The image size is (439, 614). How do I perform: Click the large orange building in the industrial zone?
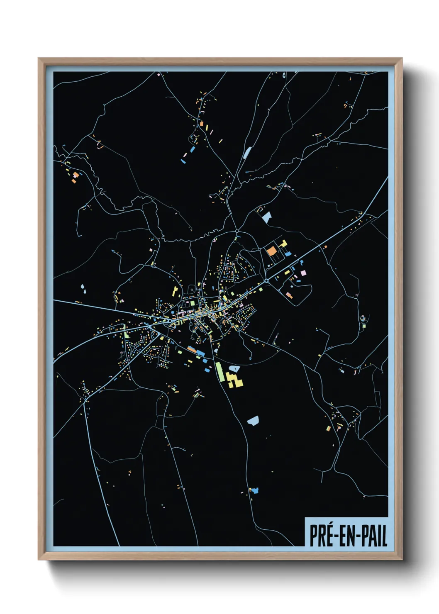pos(271,251)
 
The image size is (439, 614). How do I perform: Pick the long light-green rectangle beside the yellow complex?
pos(219,371)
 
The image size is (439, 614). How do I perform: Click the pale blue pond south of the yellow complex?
pos(253,421)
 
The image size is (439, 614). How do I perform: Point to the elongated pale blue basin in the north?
pos(247,153)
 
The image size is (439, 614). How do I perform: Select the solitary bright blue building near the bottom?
pos(254,490)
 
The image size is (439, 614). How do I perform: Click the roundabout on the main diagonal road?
pos(266,281)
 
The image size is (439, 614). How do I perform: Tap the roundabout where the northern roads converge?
pos(237,231)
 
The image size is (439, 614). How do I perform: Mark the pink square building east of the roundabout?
pos(303,273)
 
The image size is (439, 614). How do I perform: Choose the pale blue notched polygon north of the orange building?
pos(266,217)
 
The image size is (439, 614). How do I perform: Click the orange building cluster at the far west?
pos(75,177)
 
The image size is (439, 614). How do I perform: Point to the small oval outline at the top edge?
pos(284,76)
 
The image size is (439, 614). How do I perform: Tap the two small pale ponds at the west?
pos(83,289)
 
